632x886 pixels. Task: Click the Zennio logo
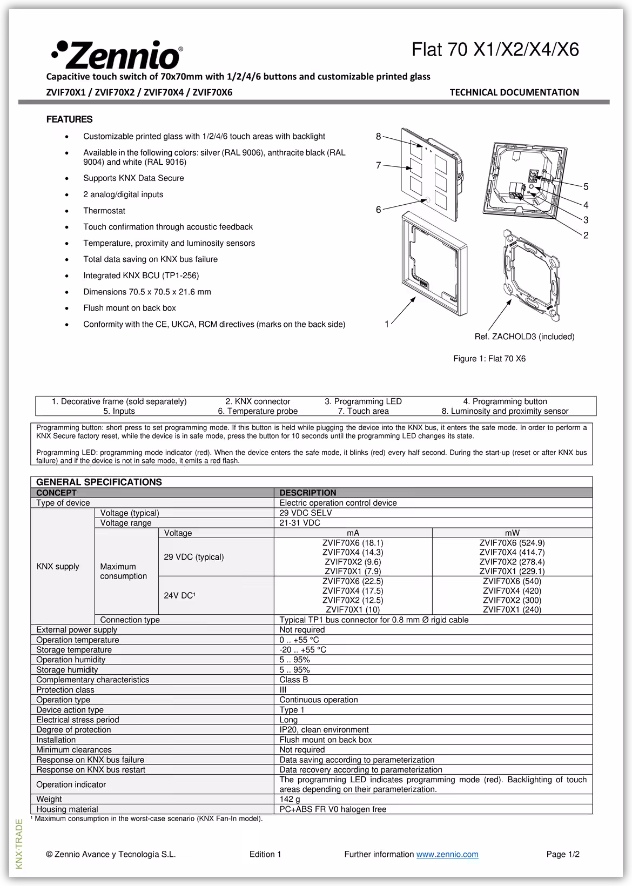tap(117, 54)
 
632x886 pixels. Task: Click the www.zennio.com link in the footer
tap(447, 854)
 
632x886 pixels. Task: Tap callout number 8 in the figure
tap(379, 137)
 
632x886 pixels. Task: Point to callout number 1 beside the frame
tap(387, 324)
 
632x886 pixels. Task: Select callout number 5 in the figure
tap(586, 187)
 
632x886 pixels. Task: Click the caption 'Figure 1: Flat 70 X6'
tap(489, 359)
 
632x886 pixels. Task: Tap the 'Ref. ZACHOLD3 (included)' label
tap(524, 337)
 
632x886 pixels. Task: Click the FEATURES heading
tap(69, 119)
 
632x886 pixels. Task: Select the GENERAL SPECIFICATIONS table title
tap(99, 482)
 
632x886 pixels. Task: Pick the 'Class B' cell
tap(294, 680)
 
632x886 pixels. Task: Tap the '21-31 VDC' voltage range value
tap(300, 523)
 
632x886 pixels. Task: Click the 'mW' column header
tap(512, 533)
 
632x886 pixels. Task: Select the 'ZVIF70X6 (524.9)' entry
tap(512, 543)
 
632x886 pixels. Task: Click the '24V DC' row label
tap(179, 595)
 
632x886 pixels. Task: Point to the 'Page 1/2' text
tap(563, 854)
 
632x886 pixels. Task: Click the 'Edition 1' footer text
tap(265, 854)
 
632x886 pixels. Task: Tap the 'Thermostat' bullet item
tap(104, 211)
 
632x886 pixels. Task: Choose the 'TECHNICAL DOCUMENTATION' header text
tap(514, 92)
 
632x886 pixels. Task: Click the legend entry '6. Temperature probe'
tap(258, 411)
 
